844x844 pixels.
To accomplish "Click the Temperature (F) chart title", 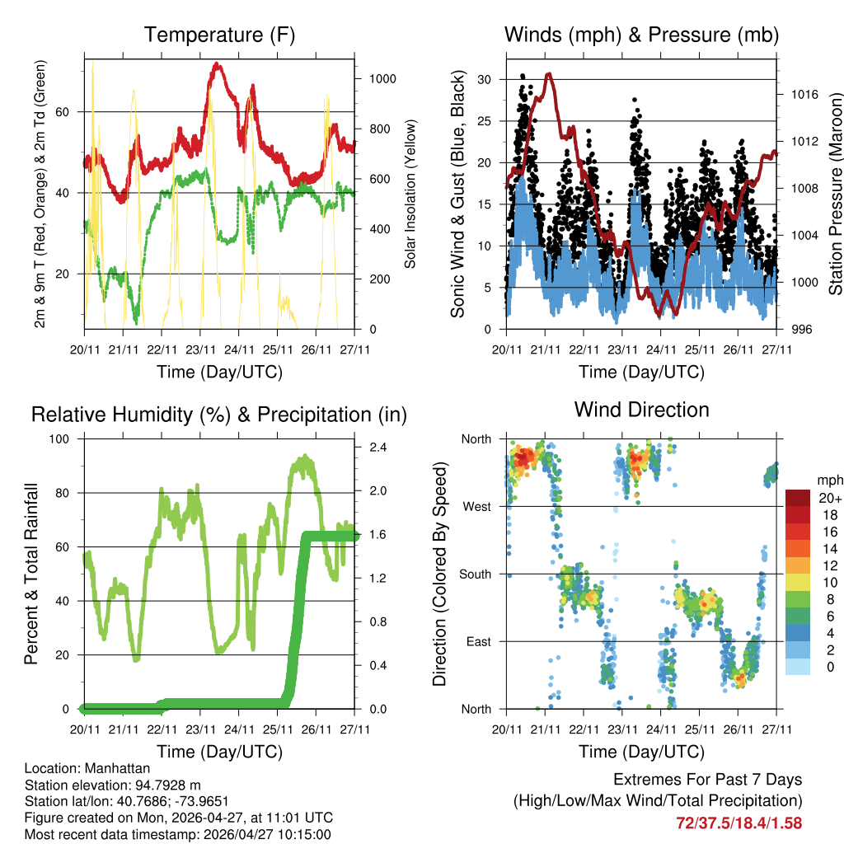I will [219, 35].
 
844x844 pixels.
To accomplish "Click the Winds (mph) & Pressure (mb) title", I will [641, 35].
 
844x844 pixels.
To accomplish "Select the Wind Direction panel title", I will [641, 410].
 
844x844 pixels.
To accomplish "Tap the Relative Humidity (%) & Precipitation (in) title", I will [219, 415].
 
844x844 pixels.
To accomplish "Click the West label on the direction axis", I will [477, 507].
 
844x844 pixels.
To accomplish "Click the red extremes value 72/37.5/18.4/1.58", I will [738, 823].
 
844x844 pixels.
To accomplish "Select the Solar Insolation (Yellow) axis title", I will [410, 194].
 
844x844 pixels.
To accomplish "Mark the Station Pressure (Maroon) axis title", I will [834, 194].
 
